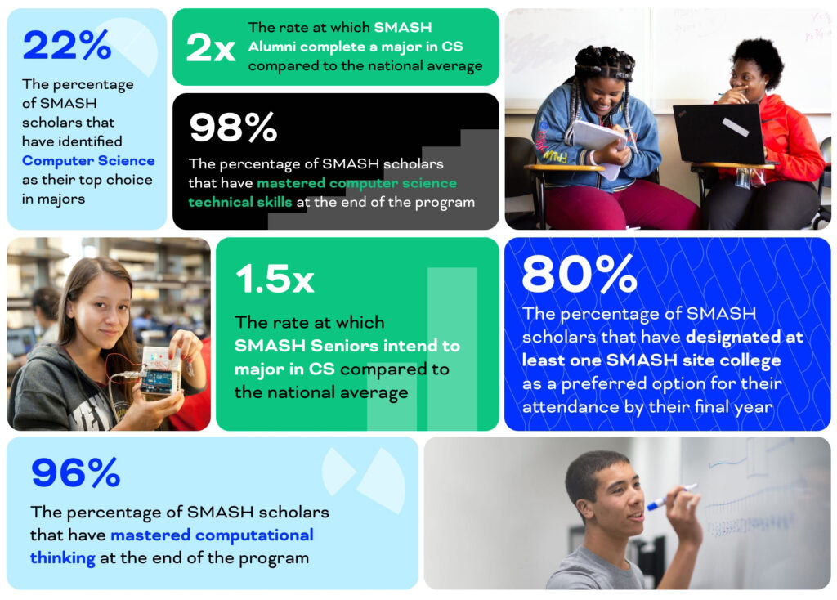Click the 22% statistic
66,46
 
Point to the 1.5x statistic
274,279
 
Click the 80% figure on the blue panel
579,274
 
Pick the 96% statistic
75,472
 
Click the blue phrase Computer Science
88,160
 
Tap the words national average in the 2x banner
430,66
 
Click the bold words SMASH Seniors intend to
347,346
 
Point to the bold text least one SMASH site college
651,360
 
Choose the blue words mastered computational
212,535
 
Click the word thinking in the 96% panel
63,559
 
